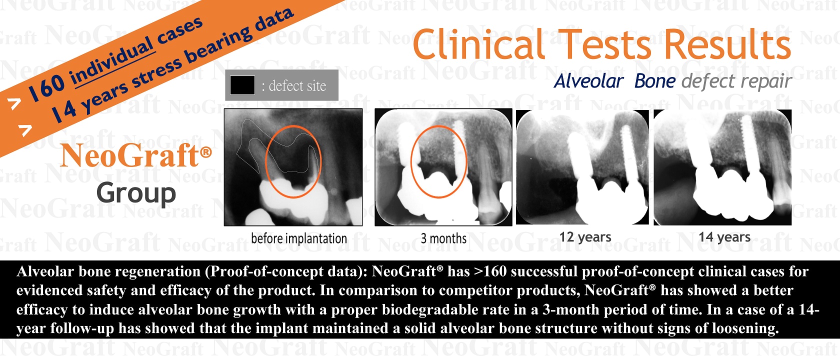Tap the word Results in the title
click(727, 44)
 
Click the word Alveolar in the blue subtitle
click(589, 81)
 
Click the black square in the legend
click(242, 85)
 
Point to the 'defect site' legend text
click(294, 86)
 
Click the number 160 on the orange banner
click(47, 87)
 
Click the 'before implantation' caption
click(299, 238)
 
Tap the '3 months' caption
click(443, 238)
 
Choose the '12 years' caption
click(585, 237)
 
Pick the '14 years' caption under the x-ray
click(724, 237)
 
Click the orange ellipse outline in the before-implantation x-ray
click(265, 161)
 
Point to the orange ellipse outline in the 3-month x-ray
click(411, 161)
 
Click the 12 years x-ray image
click(582, 167)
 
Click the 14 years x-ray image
click(722, 167)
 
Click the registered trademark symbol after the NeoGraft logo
click(206, 152)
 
